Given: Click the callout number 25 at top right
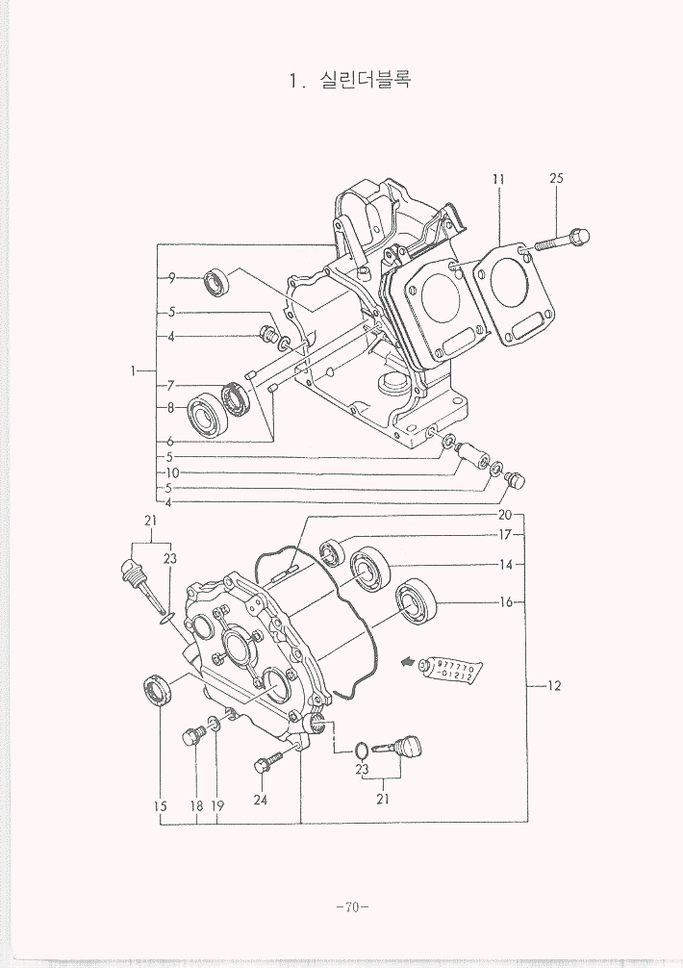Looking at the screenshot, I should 556,178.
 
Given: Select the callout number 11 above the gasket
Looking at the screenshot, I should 498,178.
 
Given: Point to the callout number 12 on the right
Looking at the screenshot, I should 553,686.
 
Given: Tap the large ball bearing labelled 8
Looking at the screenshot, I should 205,416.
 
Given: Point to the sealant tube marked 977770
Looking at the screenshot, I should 451,672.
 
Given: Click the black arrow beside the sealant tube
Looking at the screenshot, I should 409,661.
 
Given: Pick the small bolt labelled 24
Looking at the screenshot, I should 265,767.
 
